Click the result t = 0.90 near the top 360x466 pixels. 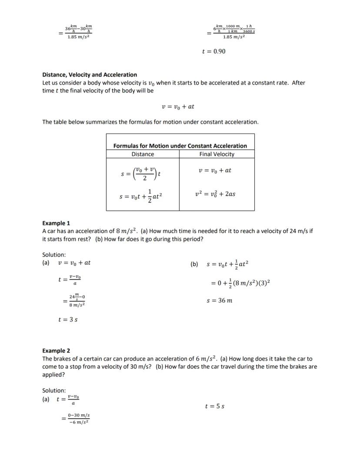(214, 51)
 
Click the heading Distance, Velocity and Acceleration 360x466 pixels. (90, 75)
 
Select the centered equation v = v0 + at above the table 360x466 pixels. (178, 107)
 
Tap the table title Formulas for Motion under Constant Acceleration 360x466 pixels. (180, 146)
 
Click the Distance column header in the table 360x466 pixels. (143, 154)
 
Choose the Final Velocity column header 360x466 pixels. (217, 154)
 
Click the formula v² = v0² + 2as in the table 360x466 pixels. (215, 194)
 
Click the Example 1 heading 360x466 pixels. (56, 223)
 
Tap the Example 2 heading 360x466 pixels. (56, 351)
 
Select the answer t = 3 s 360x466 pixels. (68, 320)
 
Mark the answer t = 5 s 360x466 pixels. (214, 406)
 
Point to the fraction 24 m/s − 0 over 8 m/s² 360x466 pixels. (74, 301)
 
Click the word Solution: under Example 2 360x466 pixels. (54, 390)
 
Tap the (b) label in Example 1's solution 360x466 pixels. (194, 264)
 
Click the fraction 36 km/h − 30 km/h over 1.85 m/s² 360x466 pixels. (78, 31)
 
